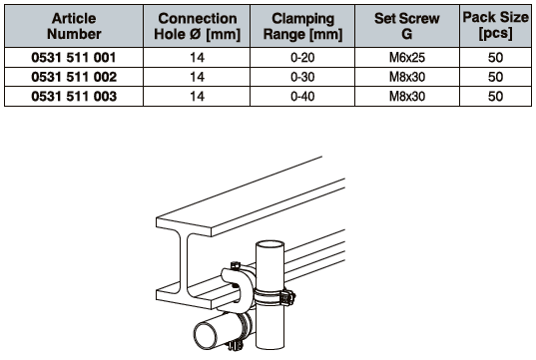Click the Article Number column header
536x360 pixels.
coord(74,26)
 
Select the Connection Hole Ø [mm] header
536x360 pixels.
coord(198,26)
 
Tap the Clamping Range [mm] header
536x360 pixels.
coord(302,26)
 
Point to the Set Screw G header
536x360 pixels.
coord(407,26)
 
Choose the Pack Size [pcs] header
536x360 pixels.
coord(495,25)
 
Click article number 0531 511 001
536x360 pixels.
coord(74,58)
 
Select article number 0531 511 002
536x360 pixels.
coord(74,77)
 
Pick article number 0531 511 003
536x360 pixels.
coord(74,97)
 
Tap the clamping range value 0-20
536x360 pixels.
coord(302,58)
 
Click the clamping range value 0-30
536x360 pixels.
coord(302,77)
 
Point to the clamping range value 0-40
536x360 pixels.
coord(302,97)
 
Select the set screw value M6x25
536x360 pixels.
coord(407,58)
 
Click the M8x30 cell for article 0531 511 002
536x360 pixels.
coord(407,77)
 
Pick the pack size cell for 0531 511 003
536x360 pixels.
coord(495,97)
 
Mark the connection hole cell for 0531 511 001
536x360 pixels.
coord(198,58)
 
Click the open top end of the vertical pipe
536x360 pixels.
coord(270,246)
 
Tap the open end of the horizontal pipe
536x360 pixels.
coord(206,335)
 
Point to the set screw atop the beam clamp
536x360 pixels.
coord(236,265)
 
